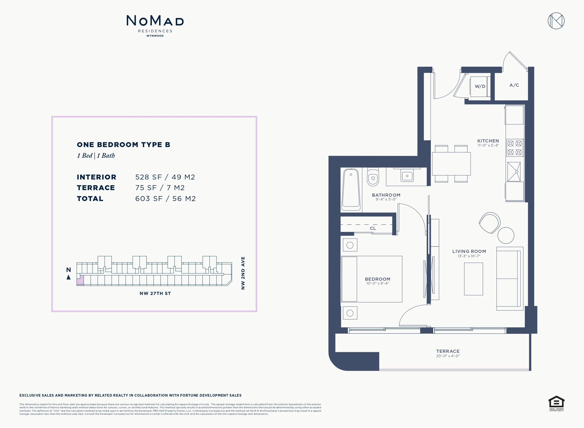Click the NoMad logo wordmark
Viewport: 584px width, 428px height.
coord(155,21)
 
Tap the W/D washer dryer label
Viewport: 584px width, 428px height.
coord(480,86)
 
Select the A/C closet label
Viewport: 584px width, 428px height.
coord(514,85)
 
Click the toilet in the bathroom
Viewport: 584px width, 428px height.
coord(373,177)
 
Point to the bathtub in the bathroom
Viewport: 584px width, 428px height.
coord(351,190)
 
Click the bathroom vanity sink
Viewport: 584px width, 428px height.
coord(407,176)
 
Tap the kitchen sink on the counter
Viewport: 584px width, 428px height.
coord(514,172)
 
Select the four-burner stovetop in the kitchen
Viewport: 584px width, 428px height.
coord(515,148)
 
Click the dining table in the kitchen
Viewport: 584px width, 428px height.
coord(451,164)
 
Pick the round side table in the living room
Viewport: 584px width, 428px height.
coord(506,235)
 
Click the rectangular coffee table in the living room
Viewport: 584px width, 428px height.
coord(473,279)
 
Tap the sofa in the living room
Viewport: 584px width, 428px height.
coord(510,279)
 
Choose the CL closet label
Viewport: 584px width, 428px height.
coord(373,228)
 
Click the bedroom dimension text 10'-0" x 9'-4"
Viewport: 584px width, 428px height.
coord(378,283)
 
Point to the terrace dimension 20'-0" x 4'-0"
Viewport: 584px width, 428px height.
coord(448,356)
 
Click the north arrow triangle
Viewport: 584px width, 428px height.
coord(69,277)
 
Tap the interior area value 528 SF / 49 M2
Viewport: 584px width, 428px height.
coord(165,177)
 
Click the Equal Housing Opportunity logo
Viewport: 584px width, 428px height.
coord(556,403)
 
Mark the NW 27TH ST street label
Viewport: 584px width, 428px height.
coord(155,293)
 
